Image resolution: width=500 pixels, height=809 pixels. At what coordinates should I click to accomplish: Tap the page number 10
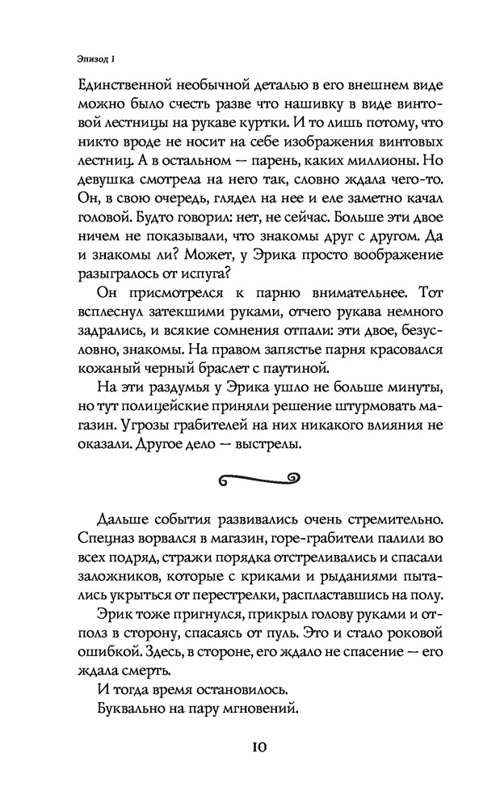click(250, 745)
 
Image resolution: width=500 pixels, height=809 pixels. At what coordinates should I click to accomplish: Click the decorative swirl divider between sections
click(250, 479)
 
